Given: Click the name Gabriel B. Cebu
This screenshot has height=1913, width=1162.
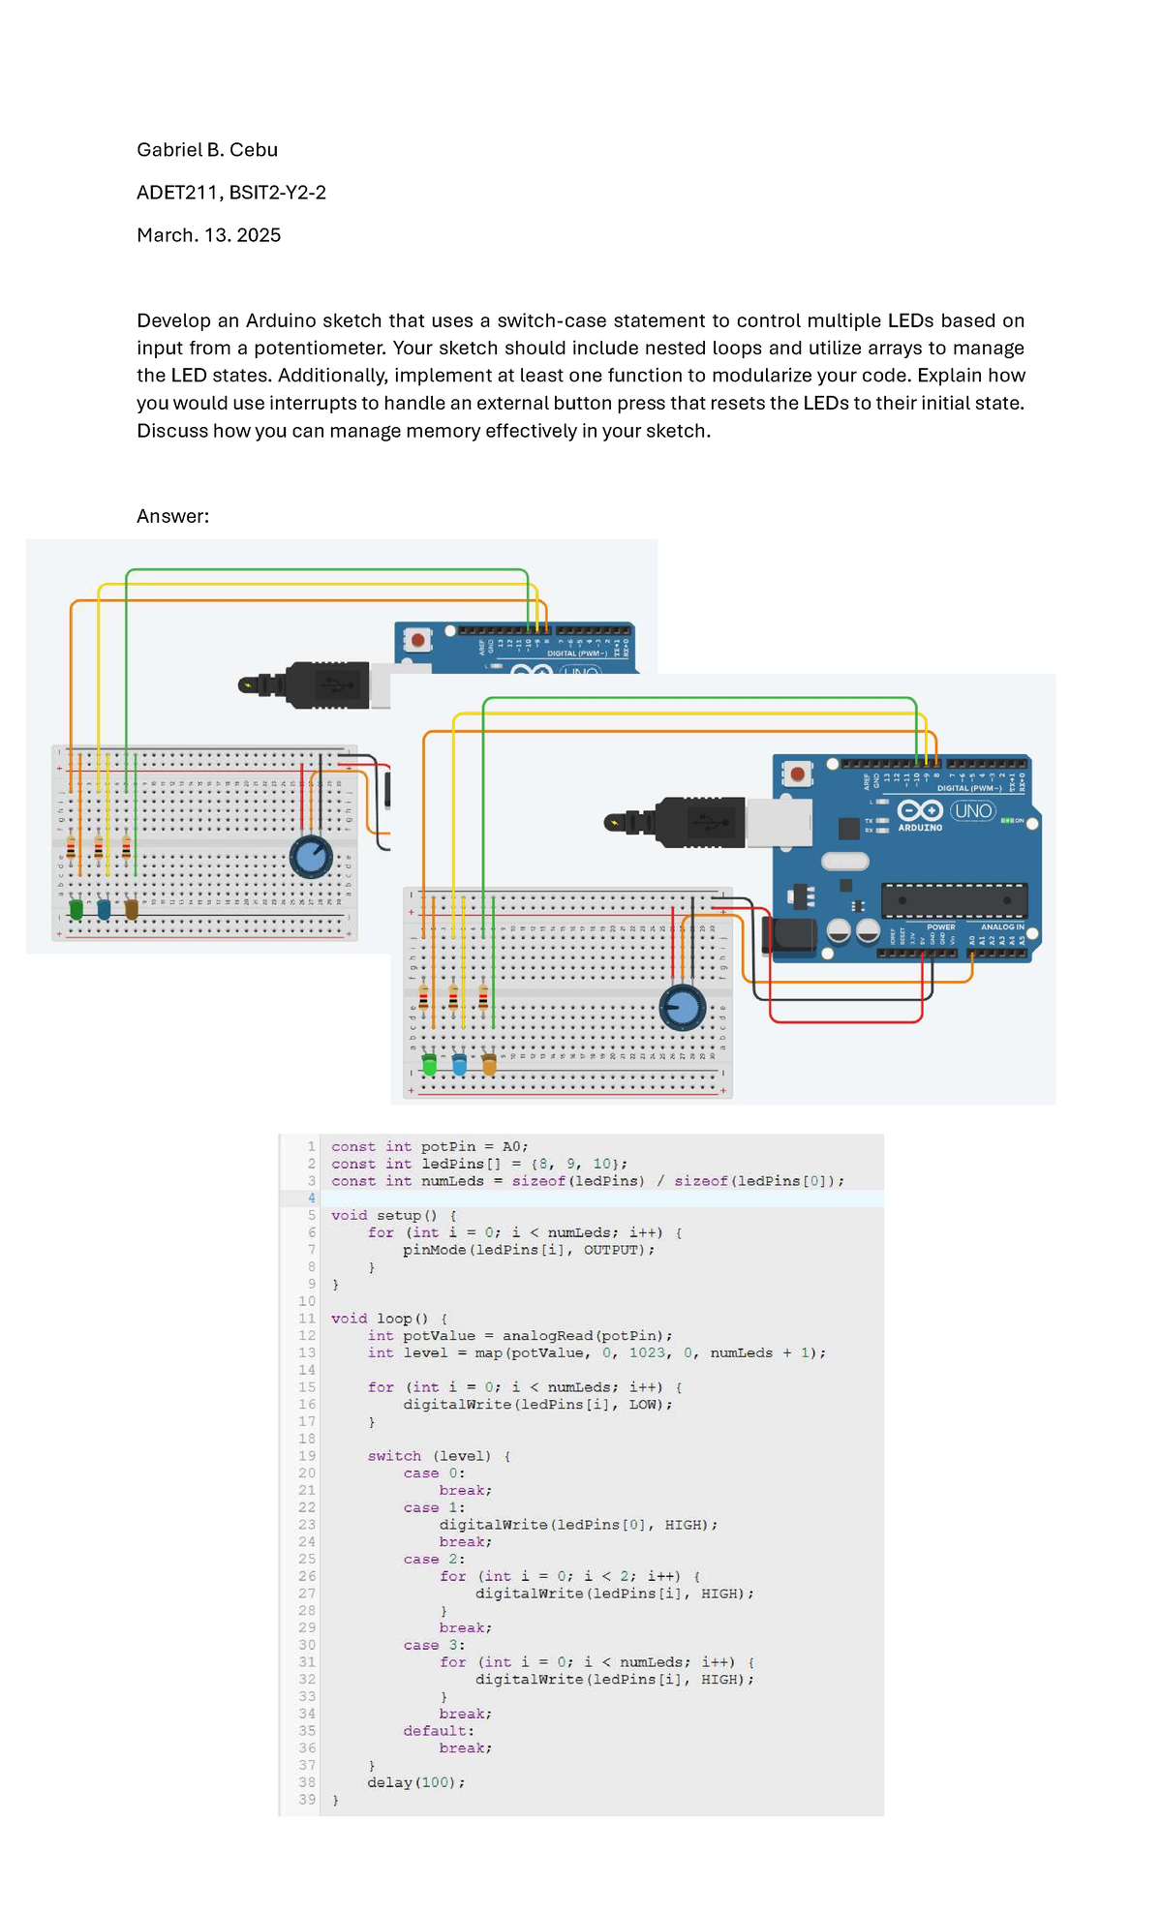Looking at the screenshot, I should click(x=207, y=150).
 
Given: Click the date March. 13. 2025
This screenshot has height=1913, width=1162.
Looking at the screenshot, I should click(x=208, y=235).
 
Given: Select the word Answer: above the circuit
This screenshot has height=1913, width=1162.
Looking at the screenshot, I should click(x=172, y=516).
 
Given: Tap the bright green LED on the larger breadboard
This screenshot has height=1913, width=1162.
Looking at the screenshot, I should click(x=429, y=1065).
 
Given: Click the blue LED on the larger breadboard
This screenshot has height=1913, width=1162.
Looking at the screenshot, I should click(x=459, y=1065).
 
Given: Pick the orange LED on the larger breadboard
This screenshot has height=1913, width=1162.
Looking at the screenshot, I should click(x=489, y=1065).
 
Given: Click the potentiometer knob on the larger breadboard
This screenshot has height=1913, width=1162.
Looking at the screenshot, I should click(x=683, y=1008).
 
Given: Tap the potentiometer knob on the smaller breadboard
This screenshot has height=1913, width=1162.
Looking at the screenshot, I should click(x=311, y=857).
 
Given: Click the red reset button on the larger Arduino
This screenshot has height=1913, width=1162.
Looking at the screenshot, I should click(x=797, y=774).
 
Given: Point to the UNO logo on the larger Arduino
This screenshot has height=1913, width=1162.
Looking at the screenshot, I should click(x=972, y=810).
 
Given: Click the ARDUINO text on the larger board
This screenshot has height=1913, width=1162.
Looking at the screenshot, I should click(x=920, y=828).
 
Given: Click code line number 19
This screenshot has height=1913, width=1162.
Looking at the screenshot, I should click(x=307, y=1456).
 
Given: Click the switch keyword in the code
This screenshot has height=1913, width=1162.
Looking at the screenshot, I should click(x=394, y=1456).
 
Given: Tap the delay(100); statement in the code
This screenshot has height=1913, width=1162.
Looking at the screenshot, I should click(x=415, y=1782).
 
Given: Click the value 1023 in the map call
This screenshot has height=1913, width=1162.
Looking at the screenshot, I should click(x=647, y=1353).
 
